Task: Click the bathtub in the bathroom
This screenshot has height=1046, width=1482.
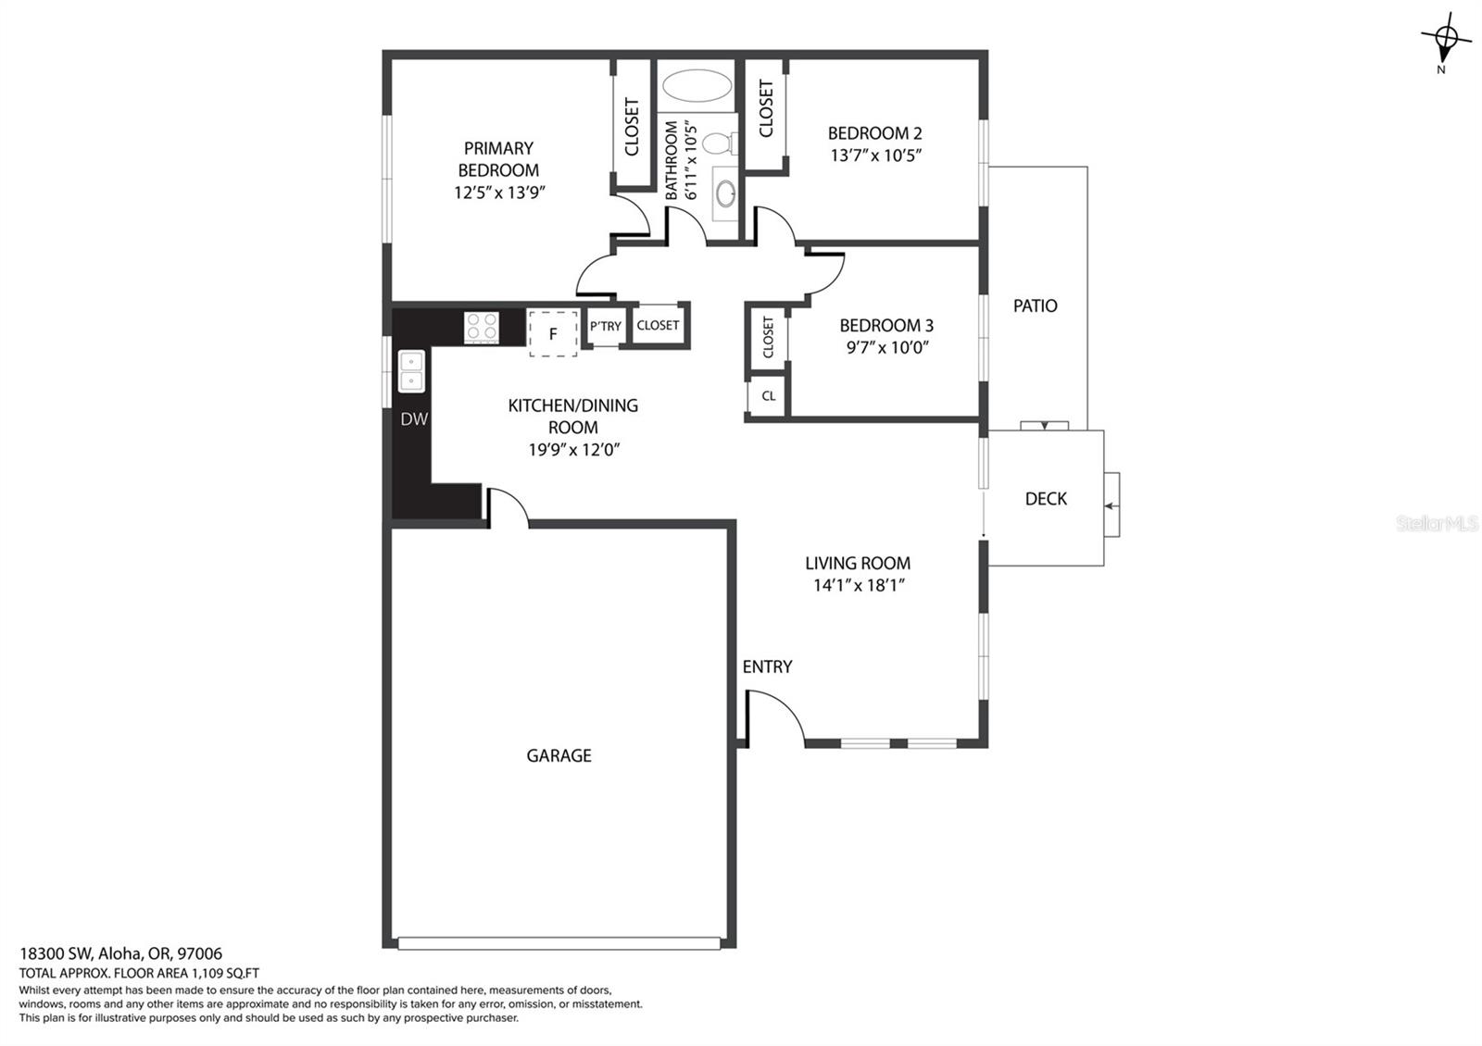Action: pyautogui.click(x=697, y=85)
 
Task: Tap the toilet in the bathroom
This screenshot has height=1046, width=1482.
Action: pyautogui.click(x=719, y=143)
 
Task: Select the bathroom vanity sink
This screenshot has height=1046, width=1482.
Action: pyautogui.click(x=725, y=193)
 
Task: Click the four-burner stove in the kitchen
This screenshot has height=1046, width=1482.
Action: pyautogui.click(x=481, y=328)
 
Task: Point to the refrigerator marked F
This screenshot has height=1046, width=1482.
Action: pyautogui.click(x=553, y=333)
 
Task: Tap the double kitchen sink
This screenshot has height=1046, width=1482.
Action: pyautogui.click(x=411, y=371)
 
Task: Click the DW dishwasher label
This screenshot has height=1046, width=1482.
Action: pyautogui.click(x=414, y=418)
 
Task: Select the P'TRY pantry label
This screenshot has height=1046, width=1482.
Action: pyautogui.click(x=606, y=326)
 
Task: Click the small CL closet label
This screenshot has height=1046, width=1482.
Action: pyautogui.click(x=768, y=396)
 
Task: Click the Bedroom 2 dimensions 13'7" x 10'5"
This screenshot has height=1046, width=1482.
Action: pyautogui.click(x=876, y=156)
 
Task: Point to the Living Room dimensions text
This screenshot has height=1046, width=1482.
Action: pyautogui.click(x=858, y=585)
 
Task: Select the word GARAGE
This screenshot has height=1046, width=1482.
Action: pyautogui.click(x=559, y=755)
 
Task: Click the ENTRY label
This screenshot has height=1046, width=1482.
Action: pyautogui.click(x=767, y=666)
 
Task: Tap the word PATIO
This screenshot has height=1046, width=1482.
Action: pyautogui.click(x=1036, y=305)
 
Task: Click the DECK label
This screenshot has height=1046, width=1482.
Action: pyautogui.click(x=1046, y=499)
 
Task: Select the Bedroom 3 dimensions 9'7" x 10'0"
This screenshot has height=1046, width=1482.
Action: pyautogui.click(x=887, y=347)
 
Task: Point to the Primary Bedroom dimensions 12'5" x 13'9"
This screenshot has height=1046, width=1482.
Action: pyautogui.click(x=499, y=193)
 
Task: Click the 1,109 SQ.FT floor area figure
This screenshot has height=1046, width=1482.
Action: pyautogui.click(x=225, y=973)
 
